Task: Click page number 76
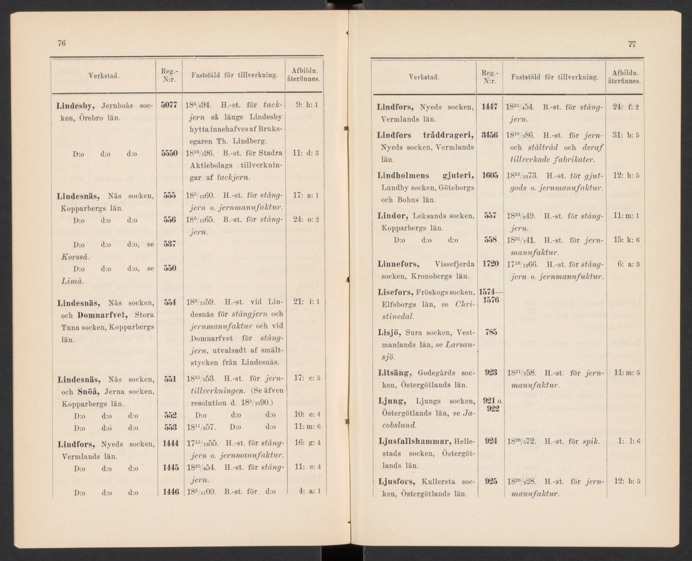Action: click(61, 43)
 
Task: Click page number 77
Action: click(631, 44)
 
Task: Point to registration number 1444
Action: click(170, 444)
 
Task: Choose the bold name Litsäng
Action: click(394, 373)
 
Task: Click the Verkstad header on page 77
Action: click(424, 77)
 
